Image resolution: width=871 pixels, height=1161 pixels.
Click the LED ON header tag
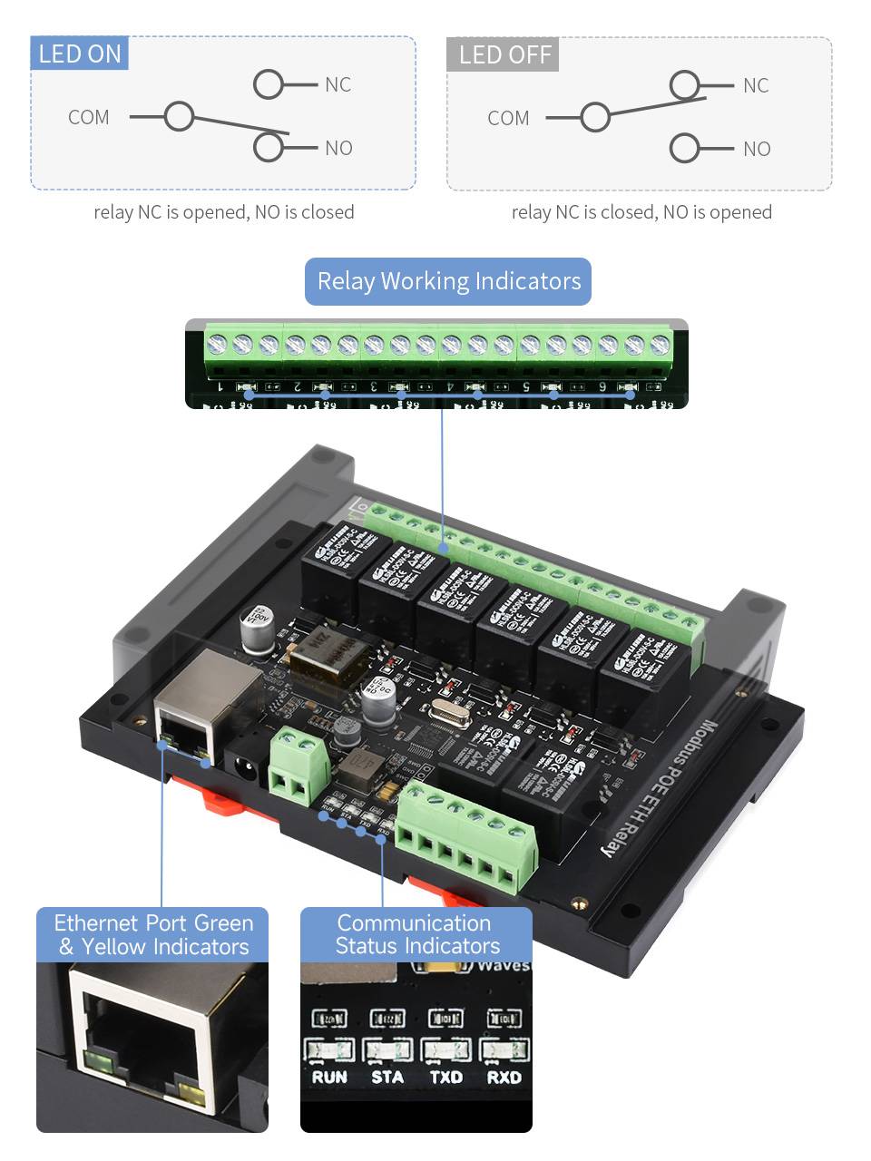[80, 54]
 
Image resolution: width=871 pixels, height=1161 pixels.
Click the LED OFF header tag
[504, 54]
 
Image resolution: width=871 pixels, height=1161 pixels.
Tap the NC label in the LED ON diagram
[338, 84]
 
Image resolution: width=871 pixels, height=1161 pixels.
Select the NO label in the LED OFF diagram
[757, 149]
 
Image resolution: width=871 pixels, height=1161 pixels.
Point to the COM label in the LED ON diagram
[88, 117]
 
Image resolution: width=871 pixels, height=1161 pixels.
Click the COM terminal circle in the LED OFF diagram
[595, 117]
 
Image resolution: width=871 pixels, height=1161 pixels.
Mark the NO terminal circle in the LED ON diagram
[269, 147]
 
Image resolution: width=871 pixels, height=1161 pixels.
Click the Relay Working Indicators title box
[448, 281]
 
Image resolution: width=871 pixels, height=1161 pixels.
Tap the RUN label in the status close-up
[329, 1078]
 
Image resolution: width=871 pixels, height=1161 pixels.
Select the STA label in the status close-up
[387, 1078]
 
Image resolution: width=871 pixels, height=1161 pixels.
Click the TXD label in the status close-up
[445, 1078]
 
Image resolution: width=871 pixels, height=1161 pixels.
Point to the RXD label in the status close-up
[504, 1078]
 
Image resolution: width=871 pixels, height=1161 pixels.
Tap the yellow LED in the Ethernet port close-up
[191, 1092]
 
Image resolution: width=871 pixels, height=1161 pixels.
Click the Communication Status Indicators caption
[416, 934]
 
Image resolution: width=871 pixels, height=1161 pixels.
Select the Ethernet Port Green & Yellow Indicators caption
[152, 934]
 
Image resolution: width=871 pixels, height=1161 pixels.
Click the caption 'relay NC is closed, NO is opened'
[641, 212]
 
